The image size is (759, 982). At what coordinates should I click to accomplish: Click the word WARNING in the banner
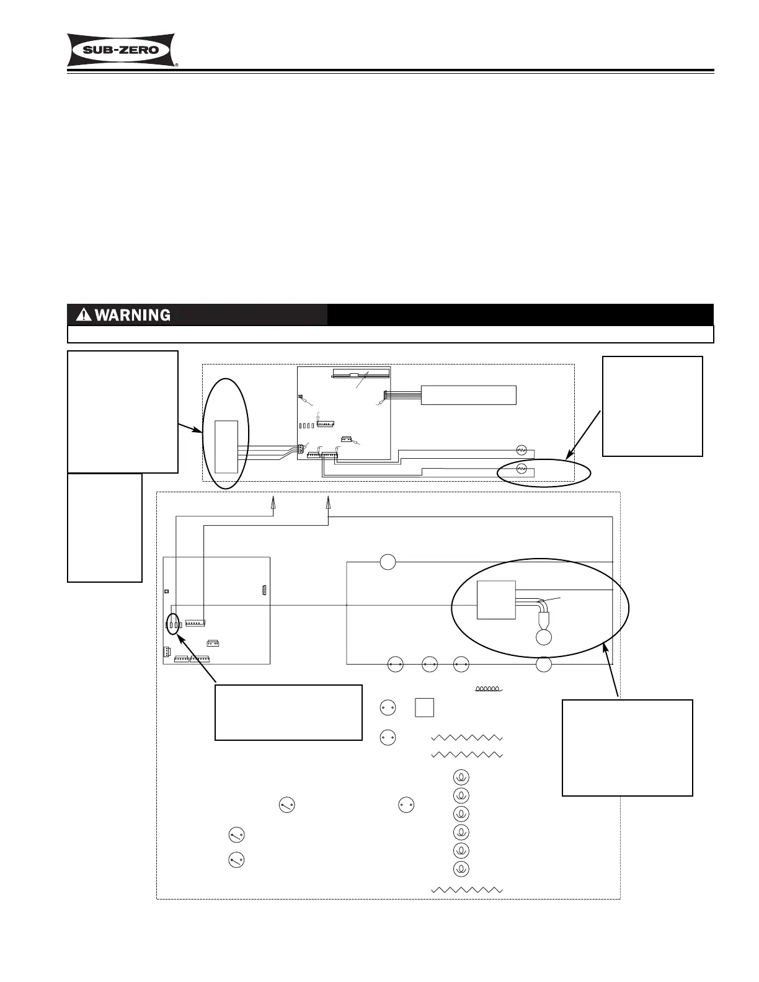132,315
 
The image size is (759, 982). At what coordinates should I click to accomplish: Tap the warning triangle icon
84,315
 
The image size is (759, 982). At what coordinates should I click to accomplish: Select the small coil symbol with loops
488,688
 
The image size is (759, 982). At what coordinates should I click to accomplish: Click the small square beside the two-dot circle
424,707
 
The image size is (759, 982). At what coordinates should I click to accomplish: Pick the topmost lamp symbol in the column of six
461,777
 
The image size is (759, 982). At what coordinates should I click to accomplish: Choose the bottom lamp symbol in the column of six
461,869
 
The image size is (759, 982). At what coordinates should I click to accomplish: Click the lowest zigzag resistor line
466,890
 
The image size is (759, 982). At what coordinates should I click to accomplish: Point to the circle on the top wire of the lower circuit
388,562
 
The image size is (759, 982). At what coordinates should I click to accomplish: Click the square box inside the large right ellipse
496,599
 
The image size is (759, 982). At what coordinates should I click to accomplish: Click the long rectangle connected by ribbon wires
468,395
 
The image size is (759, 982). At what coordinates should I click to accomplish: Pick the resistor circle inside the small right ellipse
522,469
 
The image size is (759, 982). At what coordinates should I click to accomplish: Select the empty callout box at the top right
652,406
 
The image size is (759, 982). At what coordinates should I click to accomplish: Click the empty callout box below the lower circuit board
288,712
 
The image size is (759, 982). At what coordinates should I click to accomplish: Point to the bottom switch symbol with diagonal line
236,860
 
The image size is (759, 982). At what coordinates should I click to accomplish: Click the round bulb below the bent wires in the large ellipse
544,637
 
